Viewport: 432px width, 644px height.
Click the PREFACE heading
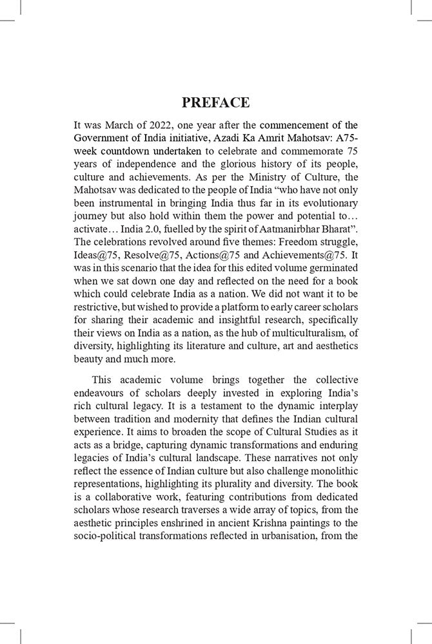216,103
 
